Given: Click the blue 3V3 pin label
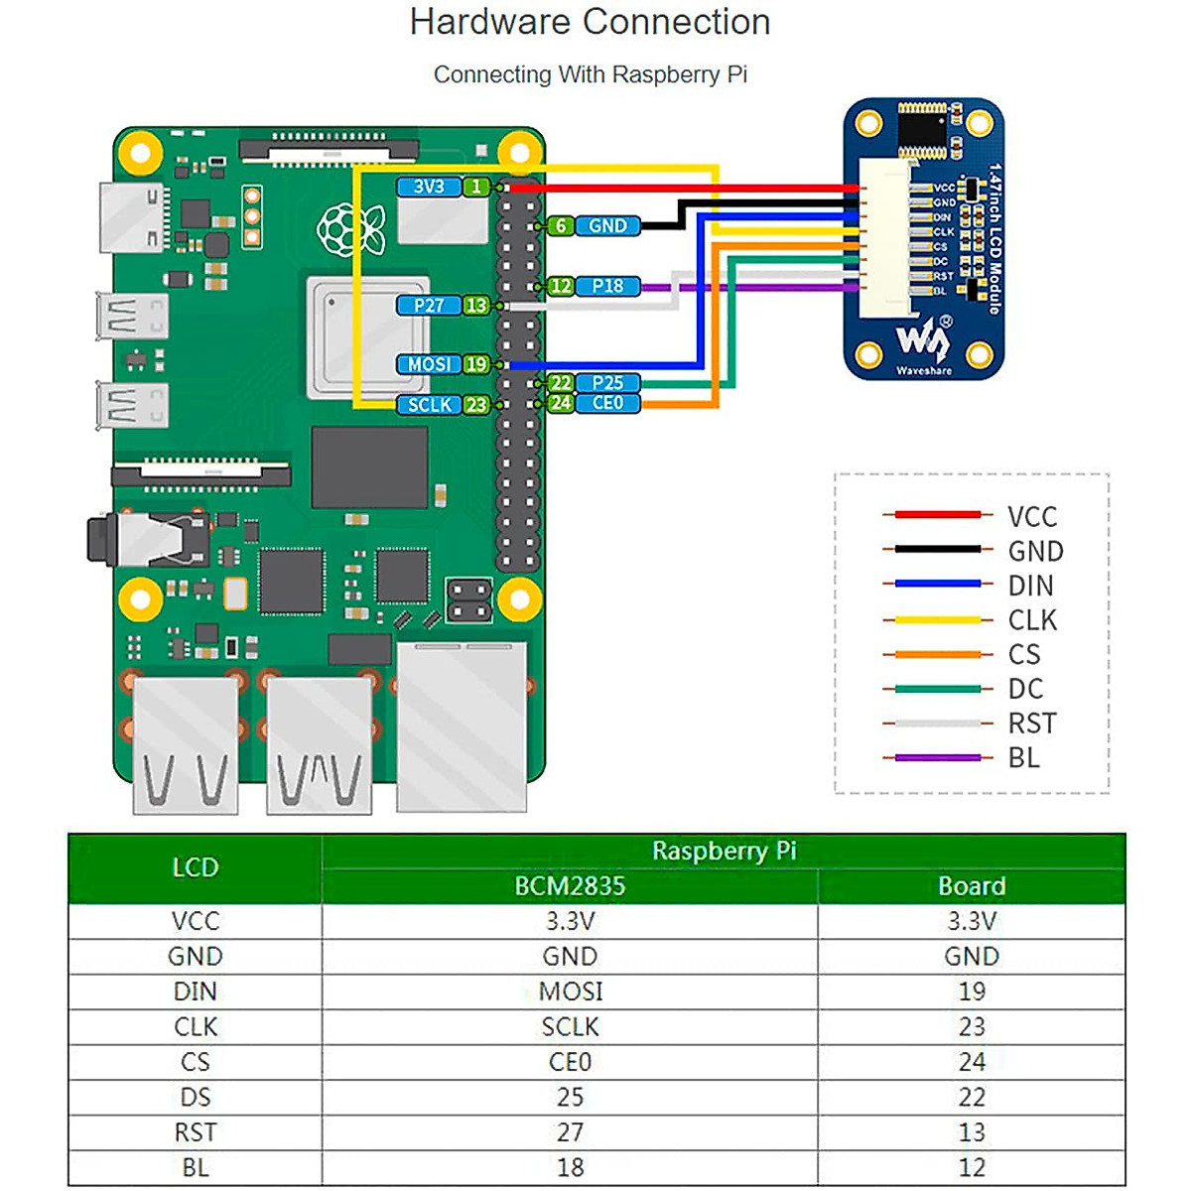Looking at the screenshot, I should [x=429, y=187].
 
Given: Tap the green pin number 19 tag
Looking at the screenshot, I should [x=476, y=364].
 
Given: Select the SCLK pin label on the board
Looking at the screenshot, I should [x=429, y=405].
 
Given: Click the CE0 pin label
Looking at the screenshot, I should [x=607, y=403].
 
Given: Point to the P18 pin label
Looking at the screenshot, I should [x=607, y=286].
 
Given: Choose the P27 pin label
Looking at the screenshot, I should [x=429, y=306].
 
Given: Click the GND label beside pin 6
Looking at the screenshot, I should [x=607, y=226].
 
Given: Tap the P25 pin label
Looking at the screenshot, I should [x=607, y=383].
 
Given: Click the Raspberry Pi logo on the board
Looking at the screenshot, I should [x=350, y=229].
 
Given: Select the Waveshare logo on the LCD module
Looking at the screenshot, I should [x=924, y=343].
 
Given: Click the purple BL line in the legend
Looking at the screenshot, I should [x=938, y=758].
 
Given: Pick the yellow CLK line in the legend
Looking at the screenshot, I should [x=938, y=620].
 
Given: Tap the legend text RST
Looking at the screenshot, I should [x=1032, y=724].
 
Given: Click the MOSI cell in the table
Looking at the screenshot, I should [x=571, y=992].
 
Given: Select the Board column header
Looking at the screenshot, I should [x=972, y=886].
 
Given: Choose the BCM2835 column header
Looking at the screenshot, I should [x=570, y=886].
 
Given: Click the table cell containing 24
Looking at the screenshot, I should [x=972, y=1062].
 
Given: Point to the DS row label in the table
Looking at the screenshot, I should [x=196, y=1097].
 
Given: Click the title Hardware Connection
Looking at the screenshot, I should [x=590, y=22].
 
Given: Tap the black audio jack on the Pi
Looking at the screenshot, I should [x=109, y=540].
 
